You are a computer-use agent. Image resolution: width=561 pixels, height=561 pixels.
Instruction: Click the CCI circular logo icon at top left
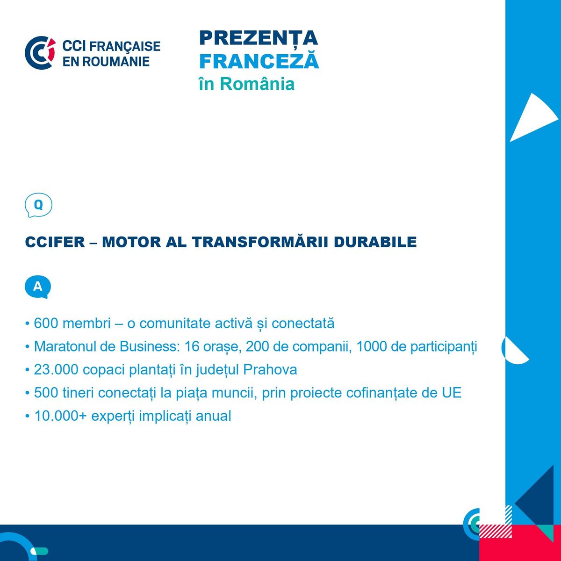tap(40, 53)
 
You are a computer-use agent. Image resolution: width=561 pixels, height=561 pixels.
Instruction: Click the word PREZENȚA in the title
tap(259, 38)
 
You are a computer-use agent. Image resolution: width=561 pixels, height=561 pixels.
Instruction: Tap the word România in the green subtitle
tap(257, 84)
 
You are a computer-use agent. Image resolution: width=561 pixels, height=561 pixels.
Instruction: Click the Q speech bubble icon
tap(38, 205)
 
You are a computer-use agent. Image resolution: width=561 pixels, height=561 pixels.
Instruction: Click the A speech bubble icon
tap(38, 287)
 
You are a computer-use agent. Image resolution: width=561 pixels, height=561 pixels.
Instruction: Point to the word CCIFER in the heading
tap(55, 242)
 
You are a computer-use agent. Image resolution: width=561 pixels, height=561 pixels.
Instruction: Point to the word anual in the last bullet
tap(213, 416)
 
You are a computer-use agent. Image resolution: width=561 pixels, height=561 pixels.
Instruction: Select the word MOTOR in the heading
tap(131, 242)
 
